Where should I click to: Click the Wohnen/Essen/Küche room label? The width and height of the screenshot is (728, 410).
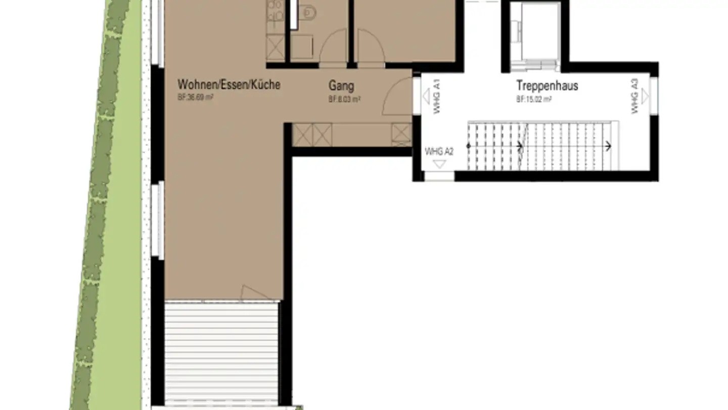pyautogui.click(x=229, y=85)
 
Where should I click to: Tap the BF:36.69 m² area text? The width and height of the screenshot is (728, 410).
pyautogui.click(x=195, y=98)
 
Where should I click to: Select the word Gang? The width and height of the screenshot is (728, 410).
pyautogui.click(x=341, y=86)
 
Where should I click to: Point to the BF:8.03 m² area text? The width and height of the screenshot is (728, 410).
pyautogui.click(x=344, y=100)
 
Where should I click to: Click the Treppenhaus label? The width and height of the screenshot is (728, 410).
pyautogui.click(x=547, y=85)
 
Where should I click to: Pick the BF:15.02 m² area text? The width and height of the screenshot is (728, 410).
pyautogui.click(x=533, y=99)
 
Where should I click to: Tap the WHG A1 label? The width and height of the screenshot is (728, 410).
pyautogui.click(x=437, y=95)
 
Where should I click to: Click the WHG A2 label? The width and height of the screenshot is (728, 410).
pyautogui.click(x=439, y=151)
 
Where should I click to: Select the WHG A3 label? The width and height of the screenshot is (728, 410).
pyautogui.click(x=634, y=95)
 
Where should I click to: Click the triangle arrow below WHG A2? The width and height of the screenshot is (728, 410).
pyautogui.click(x=440, y=163)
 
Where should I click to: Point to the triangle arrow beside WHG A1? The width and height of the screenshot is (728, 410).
pyautogui.click(x=426, y=95)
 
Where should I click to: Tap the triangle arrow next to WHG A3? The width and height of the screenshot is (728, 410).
pyautogui.click(x=646, y=95)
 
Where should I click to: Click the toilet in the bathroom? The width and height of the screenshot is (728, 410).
pyautogui.click(x=307, y=14)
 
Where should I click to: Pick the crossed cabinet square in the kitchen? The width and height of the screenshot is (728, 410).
pyautogui.click(x=276, y=49)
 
